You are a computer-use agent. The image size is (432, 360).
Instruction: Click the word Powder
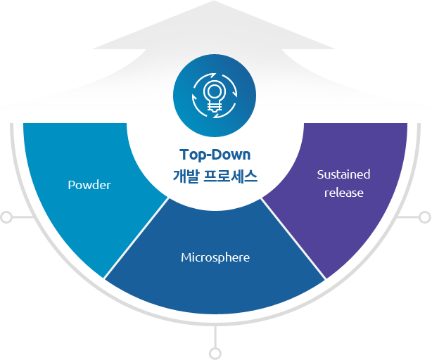[89, 185]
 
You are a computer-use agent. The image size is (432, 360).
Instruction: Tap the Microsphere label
[215, 257]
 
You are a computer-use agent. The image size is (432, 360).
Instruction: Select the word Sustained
[343, 174]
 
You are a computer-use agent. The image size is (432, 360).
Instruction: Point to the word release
[343, 192]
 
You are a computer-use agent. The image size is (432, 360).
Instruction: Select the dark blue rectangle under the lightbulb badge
[215, 166]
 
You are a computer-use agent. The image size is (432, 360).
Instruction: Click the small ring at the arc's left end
[6, 218]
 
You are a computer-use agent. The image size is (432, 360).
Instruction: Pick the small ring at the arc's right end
[425, 218]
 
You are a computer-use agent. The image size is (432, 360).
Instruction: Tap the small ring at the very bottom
[215, 352]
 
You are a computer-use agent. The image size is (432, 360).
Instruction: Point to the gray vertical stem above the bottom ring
[215, 335]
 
